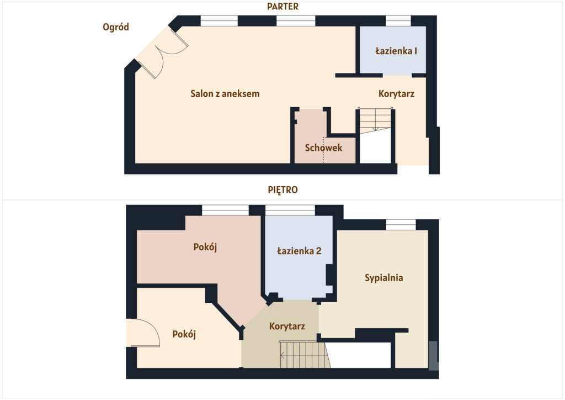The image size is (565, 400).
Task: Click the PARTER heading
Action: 282,7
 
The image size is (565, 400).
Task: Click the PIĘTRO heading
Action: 283,190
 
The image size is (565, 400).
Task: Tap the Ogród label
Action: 116,27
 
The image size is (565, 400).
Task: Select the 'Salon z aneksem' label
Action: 225,94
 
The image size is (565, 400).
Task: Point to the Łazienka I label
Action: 396,51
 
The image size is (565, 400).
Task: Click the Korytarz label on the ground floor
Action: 396,94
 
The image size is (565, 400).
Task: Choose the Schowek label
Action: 323,148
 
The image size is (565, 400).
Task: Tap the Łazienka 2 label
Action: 299,251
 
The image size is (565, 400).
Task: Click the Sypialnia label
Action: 384,278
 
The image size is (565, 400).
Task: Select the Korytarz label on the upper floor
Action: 287,326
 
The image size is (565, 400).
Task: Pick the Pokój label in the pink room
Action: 205,247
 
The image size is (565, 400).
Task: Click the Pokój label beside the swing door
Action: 184,334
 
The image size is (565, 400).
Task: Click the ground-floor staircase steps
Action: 375,120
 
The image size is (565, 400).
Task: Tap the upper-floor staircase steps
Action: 305,355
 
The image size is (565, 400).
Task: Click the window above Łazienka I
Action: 398,20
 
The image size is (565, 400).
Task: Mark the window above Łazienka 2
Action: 290,210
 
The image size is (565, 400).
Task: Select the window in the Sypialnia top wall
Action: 401,225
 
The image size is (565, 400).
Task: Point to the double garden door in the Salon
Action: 162,52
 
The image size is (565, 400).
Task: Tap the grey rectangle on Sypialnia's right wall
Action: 434,356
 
